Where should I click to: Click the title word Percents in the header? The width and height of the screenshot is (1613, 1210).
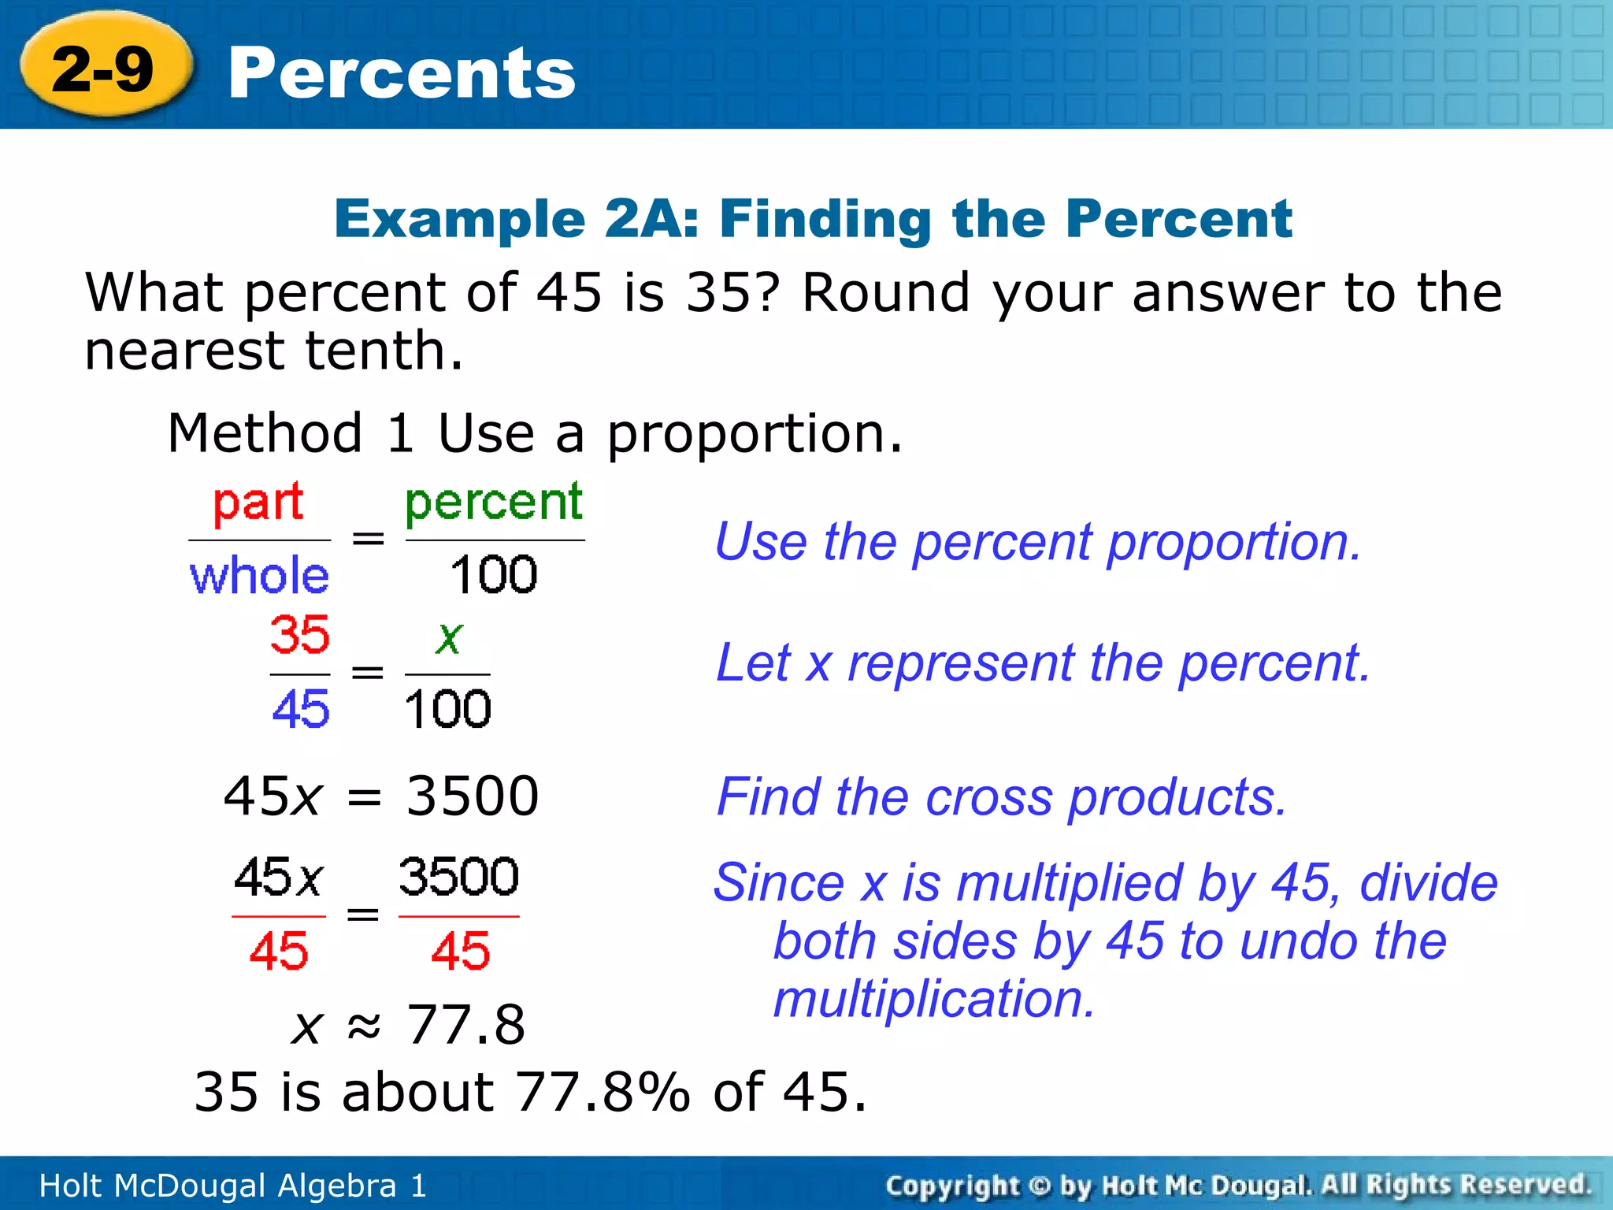402,73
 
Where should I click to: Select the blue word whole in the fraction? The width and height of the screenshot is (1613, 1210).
259,575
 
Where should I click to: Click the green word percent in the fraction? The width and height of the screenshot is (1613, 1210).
494,503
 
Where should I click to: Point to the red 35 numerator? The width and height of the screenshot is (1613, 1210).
299,635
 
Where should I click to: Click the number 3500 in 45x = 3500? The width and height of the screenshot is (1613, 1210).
473,796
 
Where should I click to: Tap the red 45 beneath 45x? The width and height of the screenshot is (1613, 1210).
279,951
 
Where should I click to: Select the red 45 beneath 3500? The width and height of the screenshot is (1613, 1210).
460,951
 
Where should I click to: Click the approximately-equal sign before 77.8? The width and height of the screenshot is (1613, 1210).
364,1025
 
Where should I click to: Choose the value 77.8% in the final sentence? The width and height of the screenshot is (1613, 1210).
603,1093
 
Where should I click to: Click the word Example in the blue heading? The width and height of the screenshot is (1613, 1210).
460,219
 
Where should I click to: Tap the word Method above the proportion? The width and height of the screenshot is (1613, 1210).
265,433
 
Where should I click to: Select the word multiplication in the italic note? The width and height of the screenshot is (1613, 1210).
934,1000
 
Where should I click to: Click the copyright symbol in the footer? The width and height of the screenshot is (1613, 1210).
1040,1186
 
